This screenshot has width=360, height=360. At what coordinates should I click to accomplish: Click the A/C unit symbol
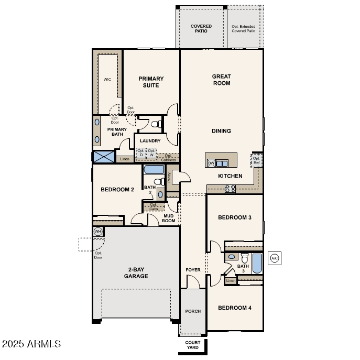pos(274,258)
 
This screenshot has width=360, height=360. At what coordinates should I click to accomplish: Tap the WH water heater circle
pos(98,231)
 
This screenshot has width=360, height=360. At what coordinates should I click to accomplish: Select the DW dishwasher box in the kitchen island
pos(211,163)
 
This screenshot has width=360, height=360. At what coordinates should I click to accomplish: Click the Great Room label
pos(221,80)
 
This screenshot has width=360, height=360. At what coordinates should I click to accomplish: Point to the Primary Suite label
pos(151,82)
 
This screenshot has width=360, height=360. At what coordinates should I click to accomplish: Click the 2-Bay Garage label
pos(136,273)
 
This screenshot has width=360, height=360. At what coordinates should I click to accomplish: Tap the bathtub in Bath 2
pos(154,170)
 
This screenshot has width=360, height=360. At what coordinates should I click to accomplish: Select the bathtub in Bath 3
pos(257,263)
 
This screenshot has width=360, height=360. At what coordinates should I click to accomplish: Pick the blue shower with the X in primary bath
pos(103,157)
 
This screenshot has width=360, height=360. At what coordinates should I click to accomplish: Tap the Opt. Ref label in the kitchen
pos(257,160)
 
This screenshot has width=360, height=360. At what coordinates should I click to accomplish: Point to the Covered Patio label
pos(201,28)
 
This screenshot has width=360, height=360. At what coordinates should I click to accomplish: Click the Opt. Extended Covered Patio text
pos(244,28)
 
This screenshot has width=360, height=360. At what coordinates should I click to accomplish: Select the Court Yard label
pos(192,345)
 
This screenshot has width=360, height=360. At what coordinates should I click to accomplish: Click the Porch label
pos(193,311)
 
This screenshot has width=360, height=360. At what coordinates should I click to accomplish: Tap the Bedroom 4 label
pos(234,308)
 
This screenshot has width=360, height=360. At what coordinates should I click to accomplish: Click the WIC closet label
pos(107,80)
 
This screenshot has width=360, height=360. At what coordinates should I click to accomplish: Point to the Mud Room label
pos(169,218)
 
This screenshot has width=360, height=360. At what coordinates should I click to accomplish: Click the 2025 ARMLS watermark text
pos(31,344)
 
